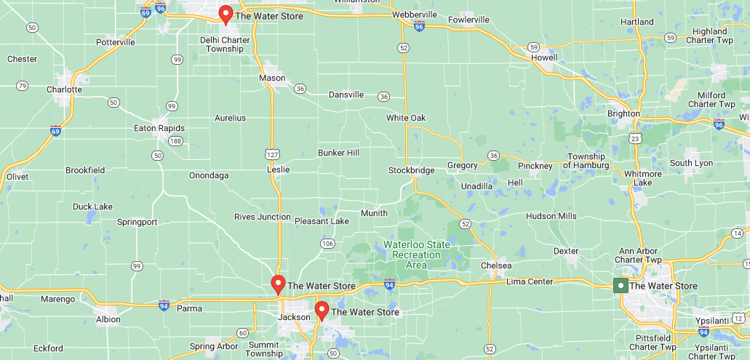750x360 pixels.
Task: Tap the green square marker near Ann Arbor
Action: [621, 286]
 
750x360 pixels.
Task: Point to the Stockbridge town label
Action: [411, 170]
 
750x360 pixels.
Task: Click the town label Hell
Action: [515, 183]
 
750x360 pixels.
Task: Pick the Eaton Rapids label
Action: [159, 128]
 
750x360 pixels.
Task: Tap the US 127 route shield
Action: [271, 153]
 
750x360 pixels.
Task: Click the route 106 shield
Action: [327, 243]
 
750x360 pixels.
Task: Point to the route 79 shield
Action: [22, 86]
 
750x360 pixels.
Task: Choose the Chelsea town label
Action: [495, 265]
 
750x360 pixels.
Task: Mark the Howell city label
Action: [544, 57]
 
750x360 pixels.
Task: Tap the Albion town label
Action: [108, 319]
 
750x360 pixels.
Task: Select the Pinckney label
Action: [535, 166]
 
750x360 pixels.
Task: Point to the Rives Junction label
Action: [263, 217]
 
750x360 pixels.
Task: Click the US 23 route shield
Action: [635, 138]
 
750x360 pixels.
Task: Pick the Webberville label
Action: [414, 15]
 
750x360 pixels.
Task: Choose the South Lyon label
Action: [691, 163]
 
